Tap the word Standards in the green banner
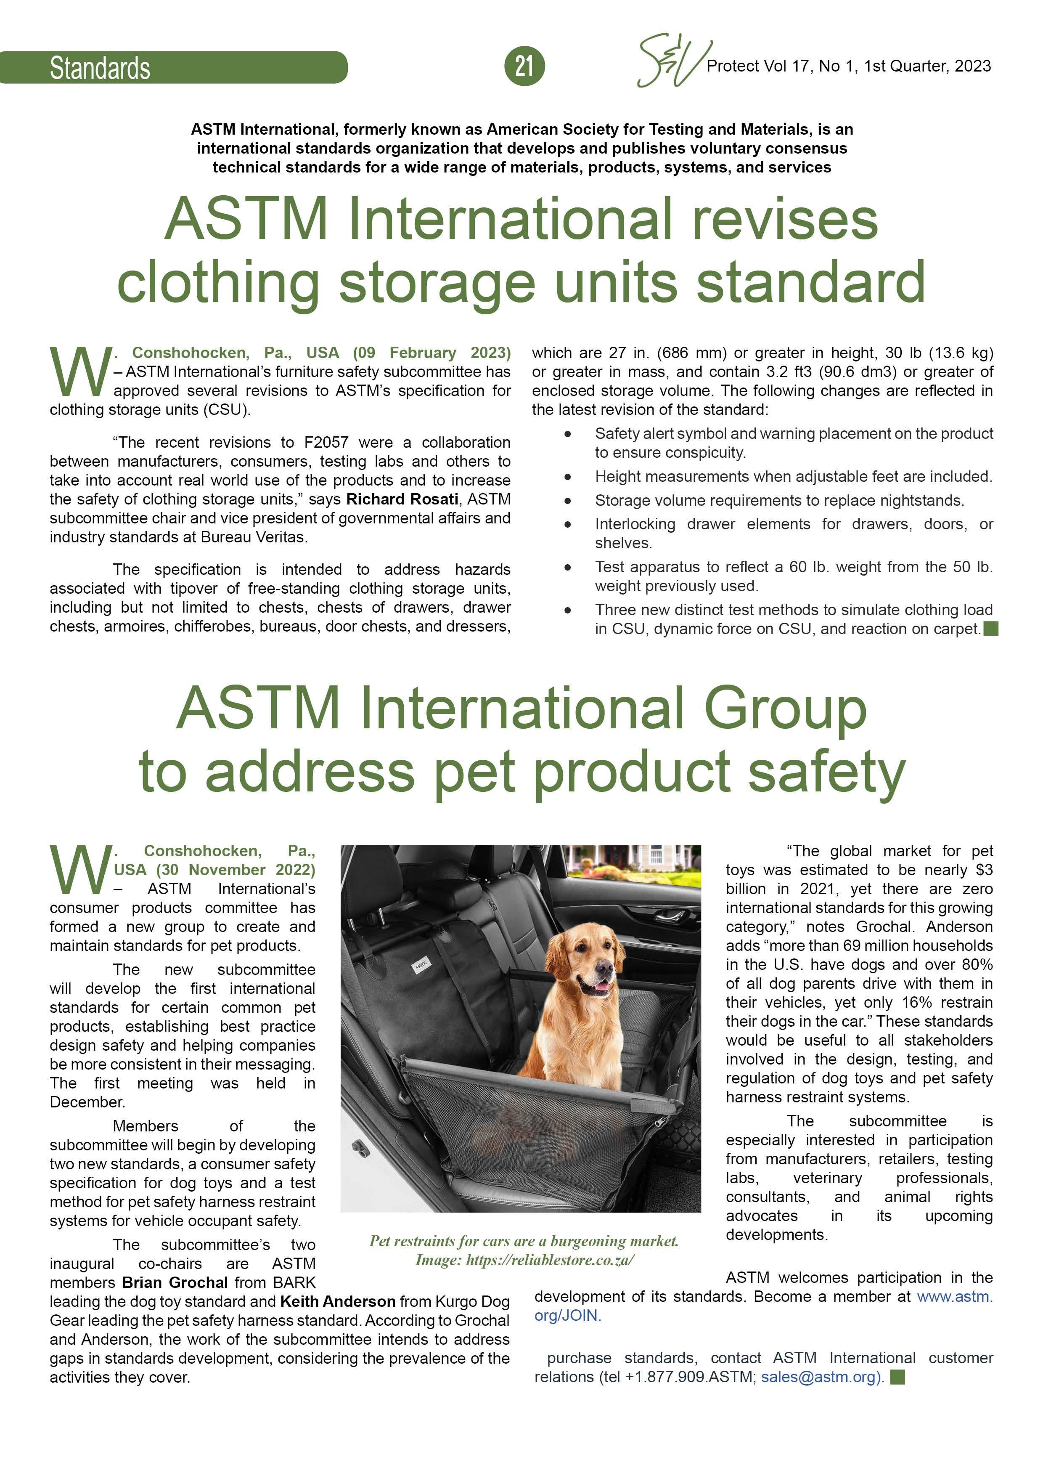tap(100, 68)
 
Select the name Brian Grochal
tap(175, 1282)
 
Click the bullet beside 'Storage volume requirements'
tap(567, 500)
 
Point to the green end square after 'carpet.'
tap(990, 629)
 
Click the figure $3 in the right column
tap(984, 870)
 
